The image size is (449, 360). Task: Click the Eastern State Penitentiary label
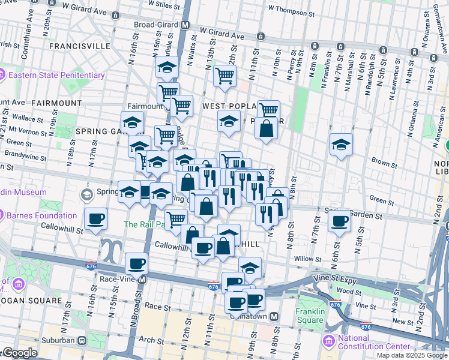(x=56, y=76)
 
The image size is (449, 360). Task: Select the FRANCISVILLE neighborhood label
(x=80, y=46)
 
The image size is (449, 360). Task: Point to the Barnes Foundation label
(x=41, y=215)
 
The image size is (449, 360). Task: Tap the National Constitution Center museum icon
(x=328, y=341)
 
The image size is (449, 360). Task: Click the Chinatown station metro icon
(x=274, y=316)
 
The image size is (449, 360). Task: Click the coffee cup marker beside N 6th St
(x=339, y=221)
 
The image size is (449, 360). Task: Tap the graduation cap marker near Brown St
(x=341, y=145)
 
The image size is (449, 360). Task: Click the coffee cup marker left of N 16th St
(x=95, y=219)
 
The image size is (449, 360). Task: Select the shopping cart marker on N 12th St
(x=224, y=76)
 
